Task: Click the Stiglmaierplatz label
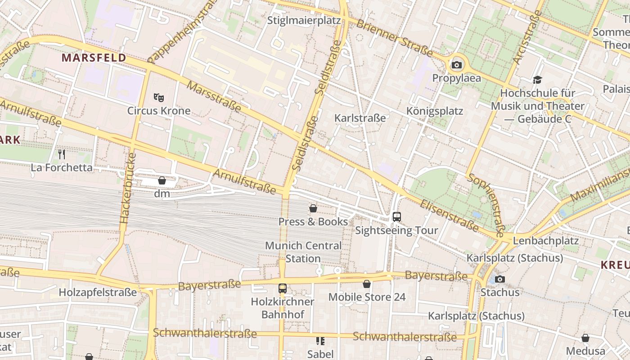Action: [x=304, y=21]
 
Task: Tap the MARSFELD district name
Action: [x=94, y=58]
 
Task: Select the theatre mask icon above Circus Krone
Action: [x=158, y=97]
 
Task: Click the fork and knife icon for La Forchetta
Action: [x=62, y=154]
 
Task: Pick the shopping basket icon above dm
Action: [x=162, y=180]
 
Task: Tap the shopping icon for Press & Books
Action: [x=313, y=208]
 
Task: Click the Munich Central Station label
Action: [x=303, y=252]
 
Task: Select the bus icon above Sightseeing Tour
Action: [x=396, y=217]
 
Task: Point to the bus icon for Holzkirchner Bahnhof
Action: [x=283, y=288]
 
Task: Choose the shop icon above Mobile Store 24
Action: [x=367, y=284]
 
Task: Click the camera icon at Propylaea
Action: [x=457, y=65]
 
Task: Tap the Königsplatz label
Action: [x=435, y=111]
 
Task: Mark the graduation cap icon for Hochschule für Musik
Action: [x=537, y=80]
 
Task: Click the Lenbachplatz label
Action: [x=545, y=241]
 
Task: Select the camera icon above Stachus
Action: [x=499, y=279]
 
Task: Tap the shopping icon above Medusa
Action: [x=585, y=337]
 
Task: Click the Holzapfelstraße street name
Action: [x=98, y=292]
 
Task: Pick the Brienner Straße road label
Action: [x=394, y=37]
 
